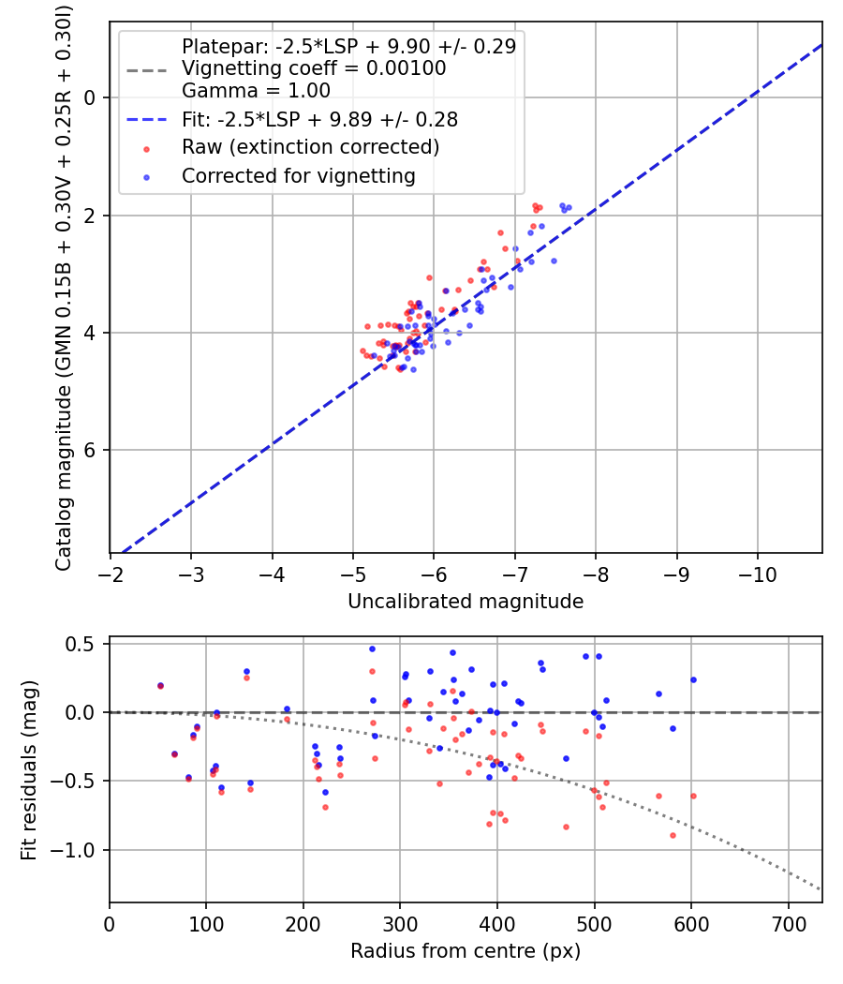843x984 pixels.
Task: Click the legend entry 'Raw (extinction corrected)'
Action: tap(310, 148)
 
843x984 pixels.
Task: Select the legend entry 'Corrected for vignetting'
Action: tap(298, 175)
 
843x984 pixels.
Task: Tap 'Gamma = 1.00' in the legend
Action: tap(256, 91)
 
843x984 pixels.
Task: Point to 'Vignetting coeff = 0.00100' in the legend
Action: tap(313, 68)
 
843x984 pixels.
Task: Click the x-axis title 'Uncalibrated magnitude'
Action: tap(466, 602)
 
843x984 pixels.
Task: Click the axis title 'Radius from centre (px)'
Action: tap(466, 951)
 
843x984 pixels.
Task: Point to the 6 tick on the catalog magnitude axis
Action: tap(91, 451)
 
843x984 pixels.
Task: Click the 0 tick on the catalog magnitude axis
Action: tap(91, 97)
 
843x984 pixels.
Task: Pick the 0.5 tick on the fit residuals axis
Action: tap(85, 644)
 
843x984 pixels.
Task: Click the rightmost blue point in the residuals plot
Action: tap(693, 679)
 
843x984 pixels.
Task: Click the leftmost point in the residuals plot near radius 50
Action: tap(160, 686)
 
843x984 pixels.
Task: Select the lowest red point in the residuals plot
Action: tap(673, 835)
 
